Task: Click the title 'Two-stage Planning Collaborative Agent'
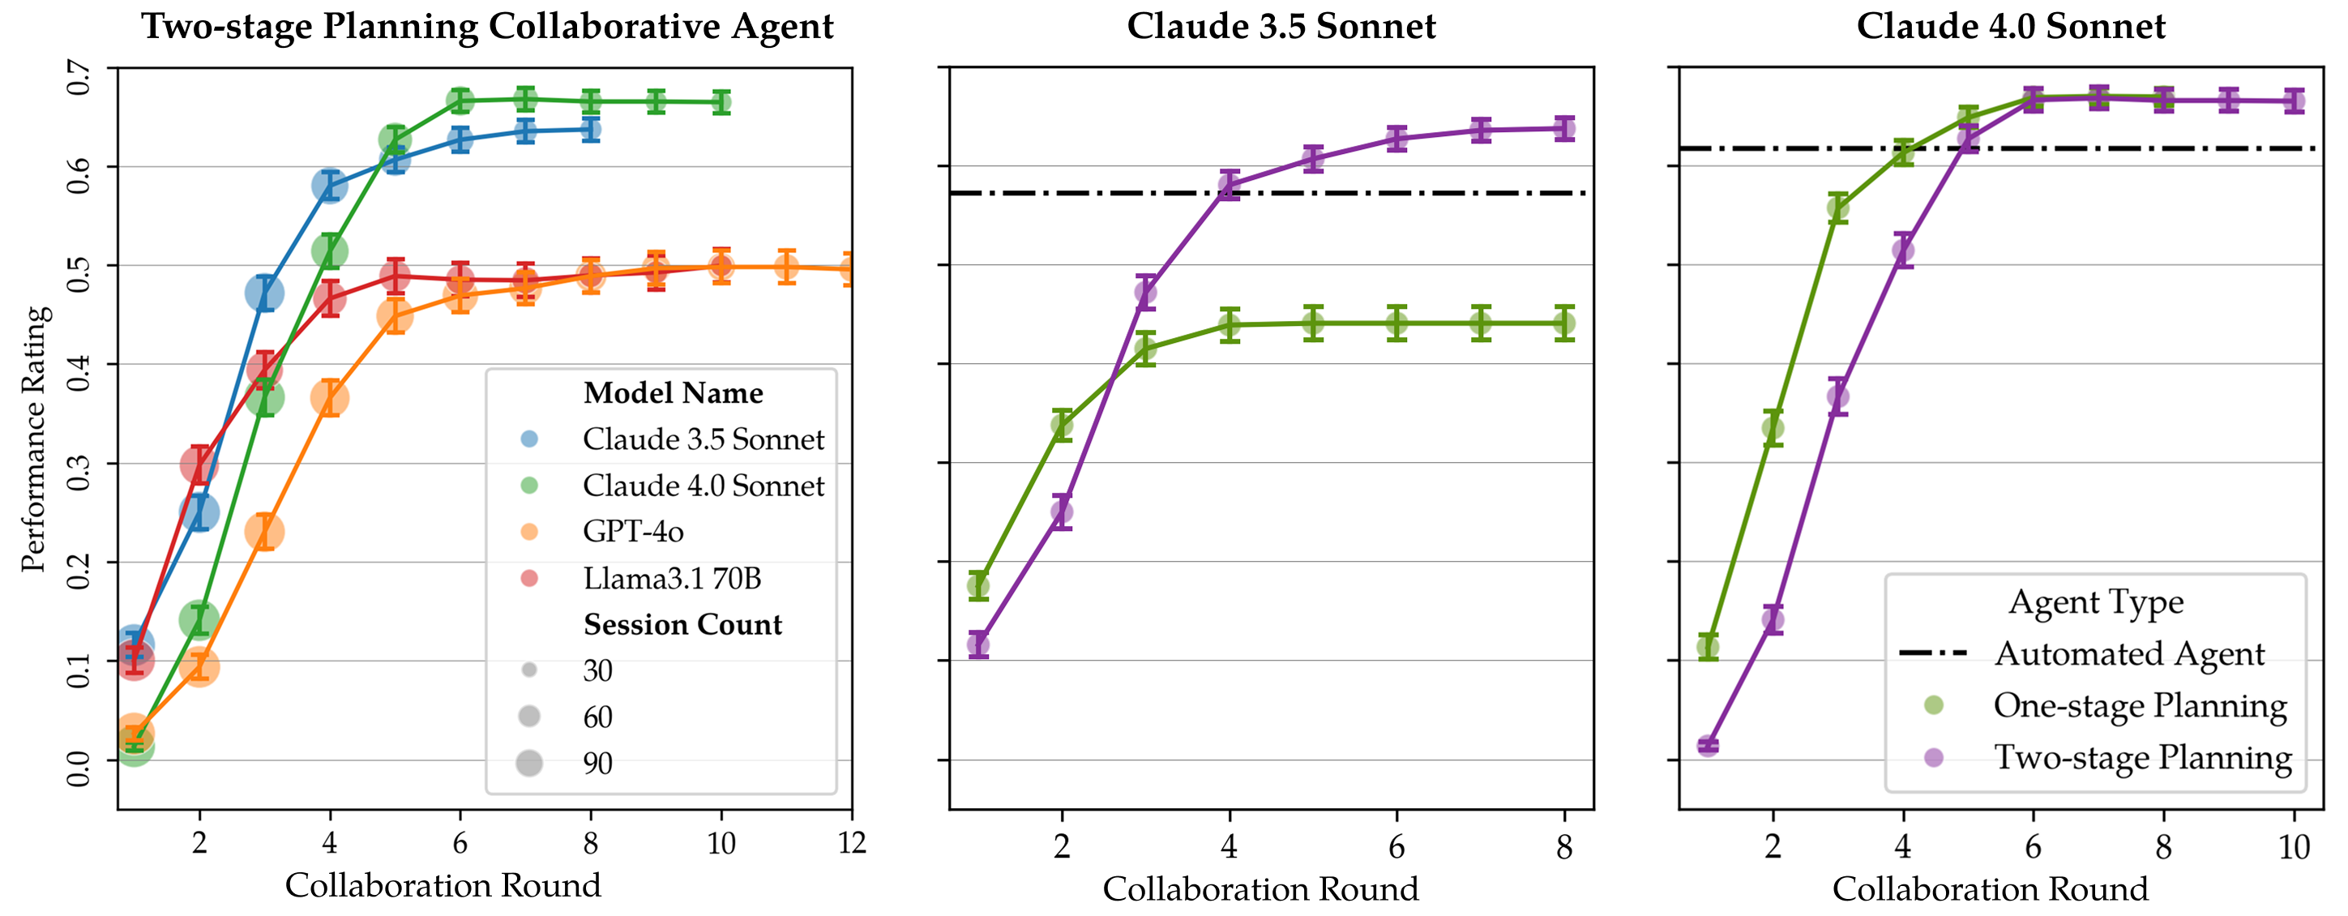(487, 27)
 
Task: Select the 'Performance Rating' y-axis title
(34, 439)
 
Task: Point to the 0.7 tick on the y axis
(79, 78)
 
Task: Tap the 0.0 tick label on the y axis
(79, 768)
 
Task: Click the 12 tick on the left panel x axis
(851, 843)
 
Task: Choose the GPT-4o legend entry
(632, 532)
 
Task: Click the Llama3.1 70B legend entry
(671, 578)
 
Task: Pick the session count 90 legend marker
(528, 763)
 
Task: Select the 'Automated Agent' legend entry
(2128, 653)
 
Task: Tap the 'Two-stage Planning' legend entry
(2142, 757)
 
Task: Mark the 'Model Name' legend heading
(673, 393)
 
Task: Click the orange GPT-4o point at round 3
(264, 532)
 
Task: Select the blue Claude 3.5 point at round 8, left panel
(591, 130)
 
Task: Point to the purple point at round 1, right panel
(1707, 746)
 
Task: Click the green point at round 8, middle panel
(1564, 323)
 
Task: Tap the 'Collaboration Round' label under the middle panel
(1260, 888)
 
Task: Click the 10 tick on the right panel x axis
(2295, 848)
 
